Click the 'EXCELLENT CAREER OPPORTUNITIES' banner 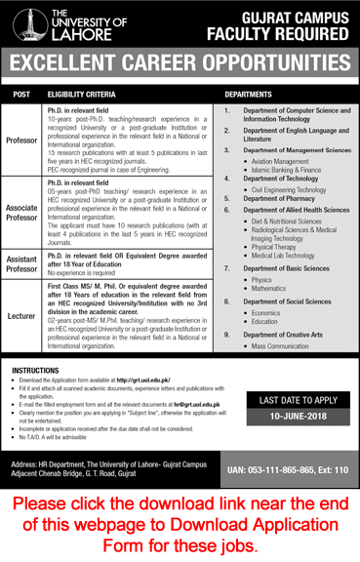click(x=180, y=66)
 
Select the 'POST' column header click(x=20, y=94)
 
